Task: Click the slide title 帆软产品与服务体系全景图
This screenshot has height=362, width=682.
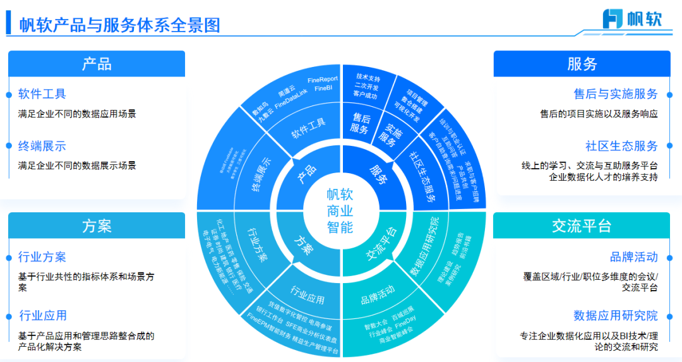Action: coord(119,25)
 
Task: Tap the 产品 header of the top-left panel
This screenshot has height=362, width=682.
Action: coord(96,64)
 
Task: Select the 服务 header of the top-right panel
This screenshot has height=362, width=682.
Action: coord(582,64)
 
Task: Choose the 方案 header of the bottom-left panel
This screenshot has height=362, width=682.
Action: coord(96,226)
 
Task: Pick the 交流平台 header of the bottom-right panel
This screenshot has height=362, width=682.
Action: coord(582,226)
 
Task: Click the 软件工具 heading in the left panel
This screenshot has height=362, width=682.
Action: coord(42,94)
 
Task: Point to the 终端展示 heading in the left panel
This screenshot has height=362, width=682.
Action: coord(42,147)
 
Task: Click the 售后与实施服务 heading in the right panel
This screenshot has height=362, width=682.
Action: coord(616,94)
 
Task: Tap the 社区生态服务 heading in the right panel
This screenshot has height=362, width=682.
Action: coord(621,147)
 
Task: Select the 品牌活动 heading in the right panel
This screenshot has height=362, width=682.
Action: coord(633,256)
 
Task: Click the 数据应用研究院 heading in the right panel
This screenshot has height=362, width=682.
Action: coord(616,315)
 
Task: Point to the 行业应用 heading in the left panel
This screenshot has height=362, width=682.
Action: coord(42,315)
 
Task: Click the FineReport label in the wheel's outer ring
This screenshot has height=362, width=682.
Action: coord(323,80)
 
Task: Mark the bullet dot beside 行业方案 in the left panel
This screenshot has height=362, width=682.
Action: coord(9,257)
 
